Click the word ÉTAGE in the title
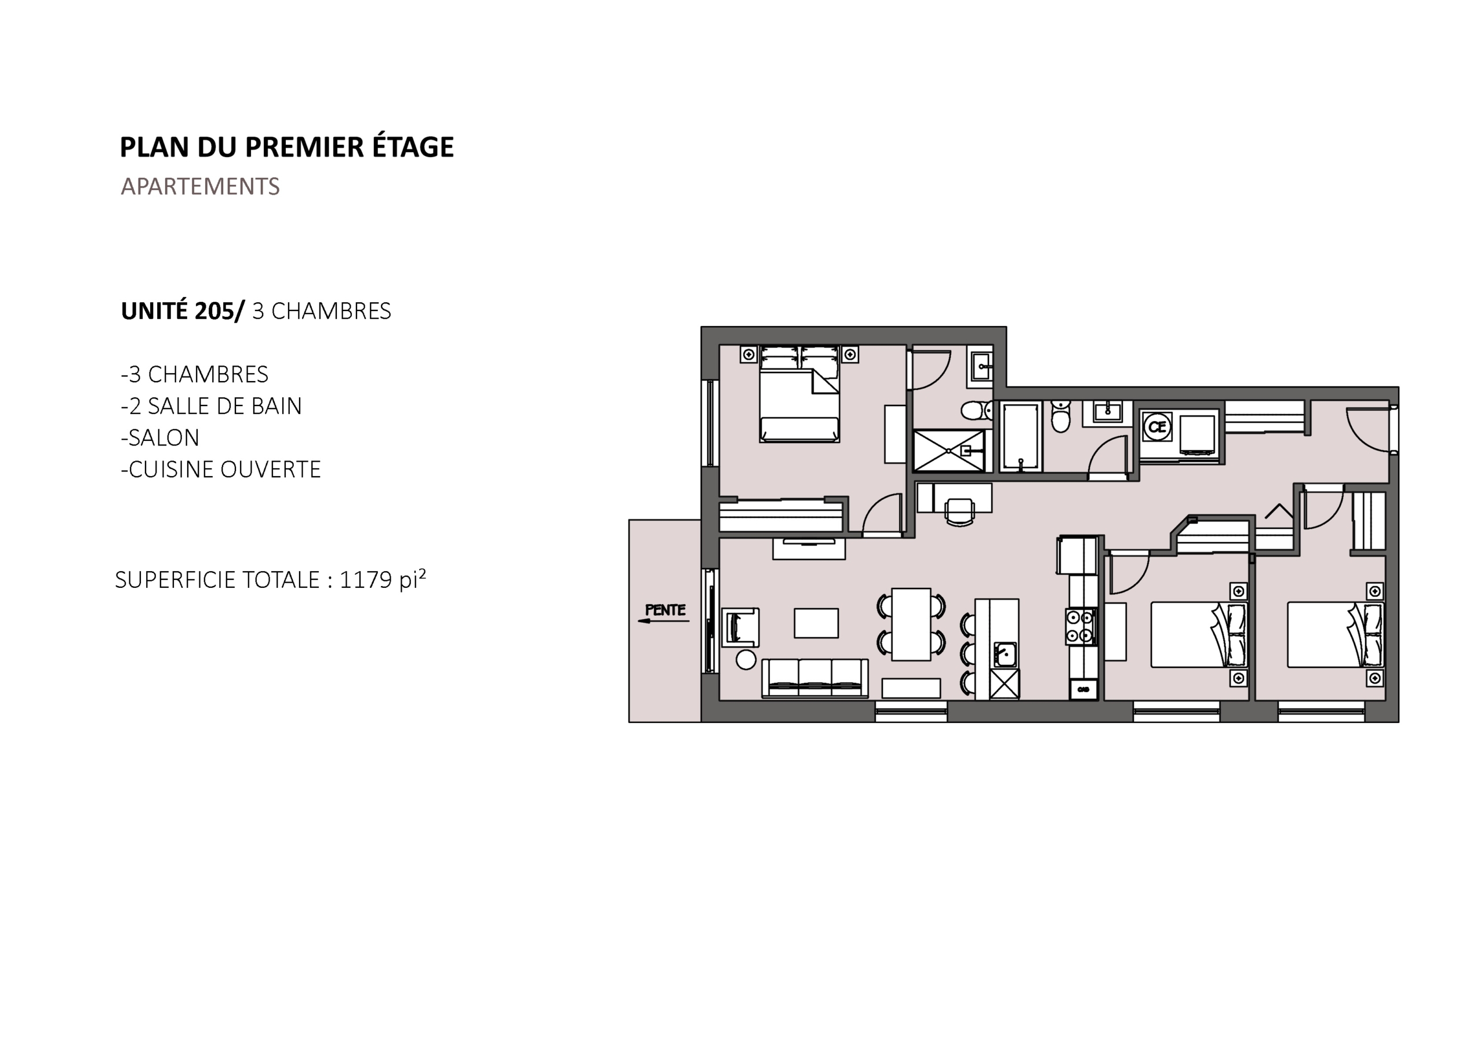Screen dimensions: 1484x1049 pyautogui.click(x=412, y=147)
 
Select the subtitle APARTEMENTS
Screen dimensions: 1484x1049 pyautogui.click(x=201, y=187)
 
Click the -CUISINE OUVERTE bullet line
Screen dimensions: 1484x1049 pyautogui.click(x=220, y=470)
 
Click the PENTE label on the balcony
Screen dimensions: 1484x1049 pyautogui.click(x=665, y=610)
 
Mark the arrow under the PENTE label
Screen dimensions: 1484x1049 pyautogui.click(x=663, y=622)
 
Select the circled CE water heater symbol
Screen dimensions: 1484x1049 pyautogui.click(x=1157, y=427)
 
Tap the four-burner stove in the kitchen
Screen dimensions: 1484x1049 pyautogui.click(x=1081, y=627)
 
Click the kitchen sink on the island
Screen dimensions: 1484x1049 pyautogui.click(x=1006, y=655)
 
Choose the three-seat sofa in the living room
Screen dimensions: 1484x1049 pyautogui.click(x=814, y=678)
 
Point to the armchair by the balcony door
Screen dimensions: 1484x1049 pyautogui.click(x=741, y=627)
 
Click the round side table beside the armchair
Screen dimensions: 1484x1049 pyautogui.click(x=746, y=660)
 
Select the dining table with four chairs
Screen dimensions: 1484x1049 pyautogui.click(x=911, y=624)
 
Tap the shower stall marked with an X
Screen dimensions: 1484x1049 pyautogui.click(x=949, y=450)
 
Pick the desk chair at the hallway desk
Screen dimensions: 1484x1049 pyautogui.click(x=960, y=511)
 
